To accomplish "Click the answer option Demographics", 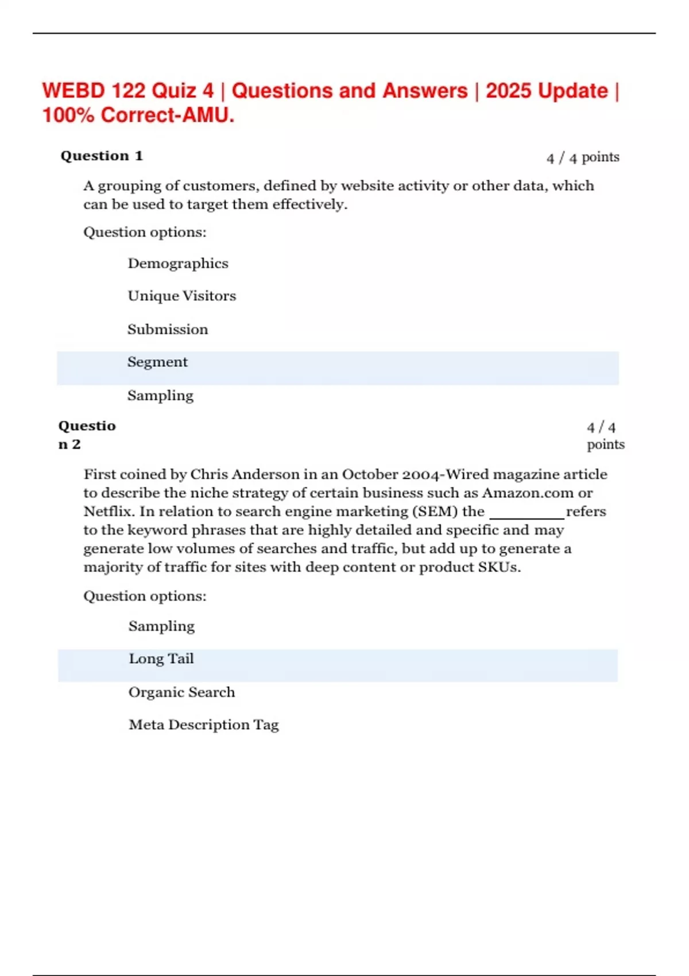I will tap(178, 264).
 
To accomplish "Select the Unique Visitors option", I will tap(181, 296).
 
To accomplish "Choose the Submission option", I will tap(168, 330).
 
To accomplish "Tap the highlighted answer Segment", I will tap(157, 362).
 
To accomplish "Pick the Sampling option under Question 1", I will tap(160, 396).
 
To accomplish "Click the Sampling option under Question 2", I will tap(161, 626).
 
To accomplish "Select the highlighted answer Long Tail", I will tap(161, 659).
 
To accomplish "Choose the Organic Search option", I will tap(181, 692).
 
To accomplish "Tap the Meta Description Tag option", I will tap(204, 725).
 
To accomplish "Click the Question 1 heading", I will tap(102, 156).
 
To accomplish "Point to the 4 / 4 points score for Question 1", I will tap(583, 157).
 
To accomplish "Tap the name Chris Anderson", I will tap(245, 475).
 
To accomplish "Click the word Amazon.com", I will tap(528, 493).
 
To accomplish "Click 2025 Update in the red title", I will tap(547, 91).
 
